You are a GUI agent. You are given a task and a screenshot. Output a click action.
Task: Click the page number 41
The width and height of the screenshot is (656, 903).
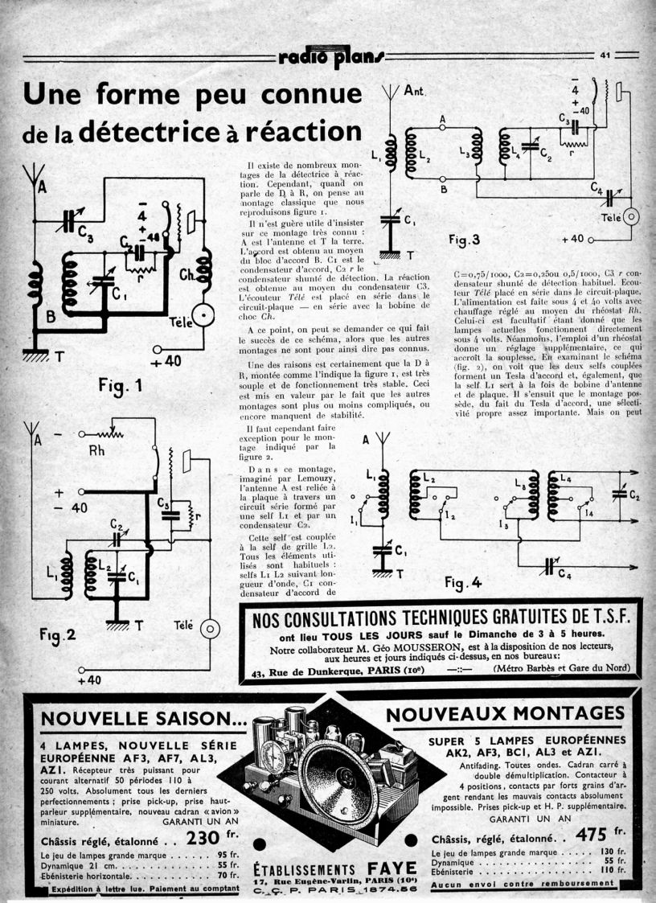pos(605,55)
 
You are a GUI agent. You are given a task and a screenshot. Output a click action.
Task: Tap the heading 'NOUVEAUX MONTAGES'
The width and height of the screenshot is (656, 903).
pos(505,713)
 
